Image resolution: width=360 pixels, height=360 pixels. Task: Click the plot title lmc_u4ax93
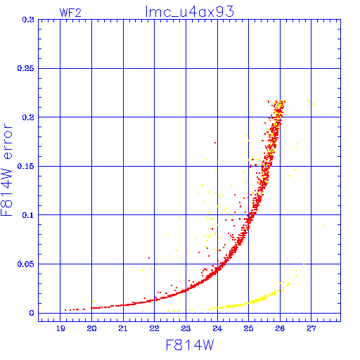tap(190, 12)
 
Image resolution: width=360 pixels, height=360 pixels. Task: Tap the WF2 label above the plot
tap(70, 13)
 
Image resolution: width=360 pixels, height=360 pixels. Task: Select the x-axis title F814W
tap(190, 345)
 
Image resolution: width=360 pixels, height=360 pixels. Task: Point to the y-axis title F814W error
tap(6, 170)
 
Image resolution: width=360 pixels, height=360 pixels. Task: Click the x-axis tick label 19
tap(60, 328)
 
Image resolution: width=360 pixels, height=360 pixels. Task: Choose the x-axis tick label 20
tap(91, 328)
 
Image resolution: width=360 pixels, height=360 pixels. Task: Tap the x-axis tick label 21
tap(123, 328)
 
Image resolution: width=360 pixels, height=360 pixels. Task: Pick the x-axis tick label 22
tap(155, 328)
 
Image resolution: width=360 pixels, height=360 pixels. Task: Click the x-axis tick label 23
tap(186, 328)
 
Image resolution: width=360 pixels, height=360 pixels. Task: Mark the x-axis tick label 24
tap(217, 328)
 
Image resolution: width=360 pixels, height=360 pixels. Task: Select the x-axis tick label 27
tap(311, 328)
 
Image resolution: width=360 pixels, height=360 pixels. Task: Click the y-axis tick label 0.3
tap(28, 20)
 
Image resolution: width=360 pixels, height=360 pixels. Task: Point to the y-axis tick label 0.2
tap(28, 117)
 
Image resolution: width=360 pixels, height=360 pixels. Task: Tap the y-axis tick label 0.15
tap(26, 166)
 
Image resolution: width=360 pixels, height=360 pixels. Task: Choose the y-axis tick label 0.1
tap(28, 215)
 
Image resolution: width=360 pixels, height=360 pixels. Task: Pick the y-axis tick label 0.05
tap(26, 264)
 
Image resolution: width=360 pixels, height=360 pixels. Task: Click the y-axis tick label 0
tap(32, 313)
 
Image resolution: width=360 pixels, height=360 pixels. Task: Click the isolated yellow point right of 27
tap(323, 225)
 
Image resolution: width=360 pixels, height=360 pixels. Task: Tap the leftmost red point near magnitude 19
tap(65, 310)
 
